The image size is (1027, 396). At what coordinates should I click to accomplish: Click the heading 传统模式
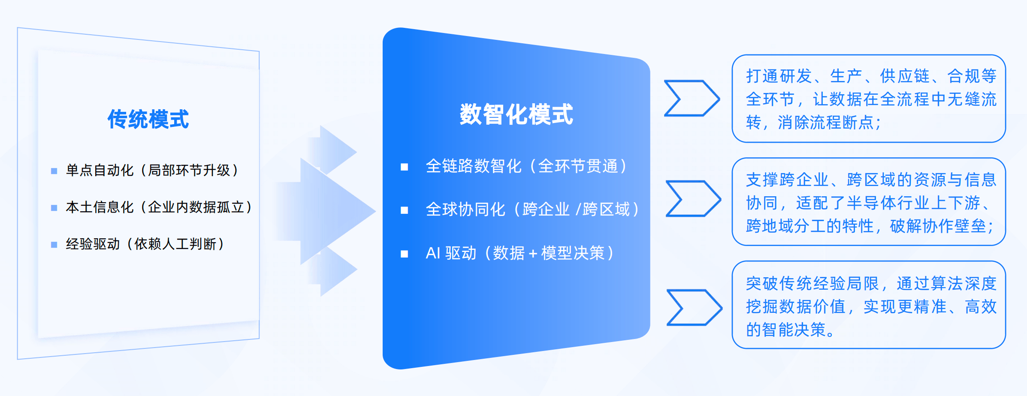point(148,119)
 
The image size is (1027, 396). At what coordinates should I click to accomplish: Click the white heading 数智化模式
point(516,114)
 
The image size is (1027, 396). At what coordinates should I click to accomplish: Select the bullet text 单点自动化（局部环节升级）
point(152,171)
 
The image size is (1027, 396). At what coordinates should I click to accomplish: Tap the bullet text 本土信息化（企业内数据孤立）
point(159,207)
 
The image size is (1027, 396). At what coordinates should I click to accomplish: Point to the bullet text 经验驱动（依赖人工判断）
point(145,244)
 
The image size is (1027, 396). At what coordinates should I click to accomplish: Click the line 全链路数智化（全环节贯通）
point(526,166)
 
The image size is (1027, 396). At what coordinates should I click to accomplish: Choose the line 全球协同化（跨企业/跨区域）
point(532,210)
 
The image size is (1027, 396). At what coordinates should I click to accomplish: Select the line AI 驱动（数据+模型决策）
point(520,253)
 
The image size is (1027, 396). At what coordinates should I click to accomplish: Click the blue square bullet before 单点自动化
point(54,171)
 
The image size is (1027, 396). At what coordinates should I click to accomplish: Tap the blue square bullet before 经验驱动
point(54,245)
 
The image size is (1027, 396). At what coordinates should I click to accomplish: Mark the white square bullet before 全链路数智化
point(404,167)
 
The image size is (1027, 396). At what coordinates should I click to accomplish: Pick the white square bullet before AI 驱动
point(404,254)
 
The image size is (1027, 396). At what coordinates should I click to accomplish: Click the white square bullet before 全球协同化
point(404,210)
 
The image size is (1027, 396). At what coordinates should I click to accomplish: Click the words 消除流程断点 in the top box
point(825,123)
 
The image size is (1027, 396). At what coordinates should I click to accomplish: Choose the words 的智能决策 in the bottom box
point(786,330)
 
